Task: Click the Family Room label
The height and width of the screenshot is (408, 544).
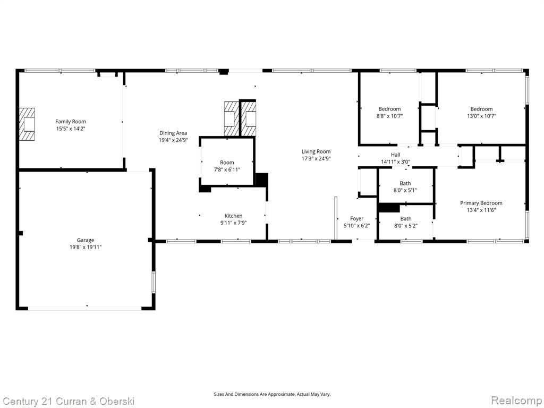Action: point(71,122)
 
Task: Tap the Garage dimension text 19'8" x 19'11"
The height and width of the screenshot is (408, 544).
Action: point(86,248)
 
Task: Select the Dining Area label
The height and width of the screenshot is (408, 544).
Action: point(173,133)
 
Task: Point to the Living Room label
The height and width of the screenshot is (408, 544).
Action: point(316,151)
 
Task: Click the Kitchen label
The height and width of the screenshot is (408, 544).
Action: point(234,216)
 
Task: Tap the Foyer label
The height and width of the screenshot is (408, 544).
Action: point(356,218)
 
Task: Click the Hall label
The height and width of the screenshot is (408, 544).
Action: point(395,155)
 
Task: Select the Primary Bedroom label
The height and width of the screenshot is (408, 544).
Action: point(481,203)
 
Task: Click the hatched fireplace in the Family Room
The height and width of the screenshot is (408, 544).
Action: point(27,124)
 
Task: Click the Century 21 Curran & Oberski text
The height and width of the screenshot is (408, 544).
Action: point(68,402)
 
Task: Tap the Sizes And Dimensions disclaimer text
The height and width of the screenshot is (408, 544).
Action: point(272,394)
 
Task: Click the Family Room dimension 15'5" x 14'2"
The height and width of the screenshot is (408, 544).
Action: point(71,129)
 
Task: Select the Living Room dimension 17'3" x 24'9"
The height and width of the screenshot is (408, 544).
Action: point(316,158)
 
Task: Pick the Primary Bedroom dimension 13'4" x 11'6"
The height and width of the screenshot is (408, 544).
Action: point(481,210)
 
